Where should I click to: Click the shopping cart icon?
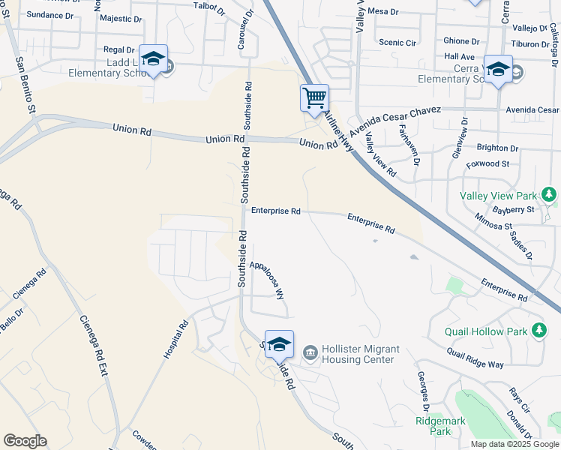(x=314, y=97)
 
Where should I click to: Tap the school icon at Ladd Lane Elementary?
(x=153, y=59)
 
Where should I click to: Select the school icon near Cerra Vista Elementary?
(x=498, y=70)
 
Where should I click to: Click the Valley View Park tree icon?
(x=550, y=196)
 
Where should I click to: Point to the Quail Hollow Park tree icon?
(x=539, y=330)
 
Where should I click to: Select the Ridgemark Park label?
(x=440, y=426)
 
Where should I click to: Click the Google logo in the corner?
(x=25, y=441)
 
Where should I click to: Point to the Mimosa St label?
(x=493, y=221)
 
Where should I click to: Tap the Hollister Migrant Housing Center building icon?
(x=309, y=351)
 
